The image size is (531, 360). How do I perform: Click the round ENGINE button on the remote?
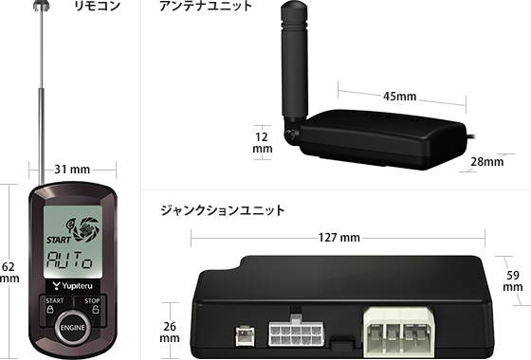(x=72, y=327)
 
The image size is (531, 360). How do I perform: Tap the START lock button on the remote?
(x=55, y=306)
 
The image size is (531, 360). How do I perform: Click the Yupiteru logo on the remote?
(x=72, y=286)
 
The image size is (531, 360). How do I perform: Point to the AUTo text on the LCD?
(x=69, y=261)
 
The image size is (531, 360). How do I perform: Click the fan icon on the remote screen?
(x=87, y=229)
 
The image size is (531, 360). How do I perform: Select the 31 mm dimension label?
(x=72, y=169)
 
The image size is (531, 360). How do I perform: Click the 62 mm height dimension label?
(x=9, y=273)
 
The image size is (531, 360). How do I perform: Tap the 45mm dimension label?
(x=399, y=97)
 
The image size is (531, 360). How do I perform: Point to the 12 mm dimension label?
(x=262, y=143)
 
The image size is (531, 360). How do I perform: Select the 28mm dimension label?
(x=487, y=162)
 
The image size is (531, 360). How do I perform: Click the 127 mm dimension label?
(x=339, y=238)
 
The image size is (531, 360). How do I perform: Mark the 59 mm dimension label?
(x=513, y=280)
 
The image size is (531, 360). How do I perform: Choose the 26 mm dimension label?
(x=170, y=333)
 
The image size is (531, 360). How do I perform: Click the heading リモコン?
(x=97, y=6)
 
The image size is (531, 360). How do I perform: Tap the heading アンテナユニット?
(x=206, y=6)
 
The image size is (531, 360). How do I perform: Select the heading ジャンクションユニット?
(x=223, y=210)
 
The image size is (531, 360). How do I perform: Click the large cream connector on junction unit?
(x=398, y=332)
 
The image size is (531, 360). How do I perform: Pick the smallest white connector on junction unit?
(x=246, y=335)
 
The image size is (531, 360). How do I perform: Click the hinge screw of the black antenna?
(x=290, y=134)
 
